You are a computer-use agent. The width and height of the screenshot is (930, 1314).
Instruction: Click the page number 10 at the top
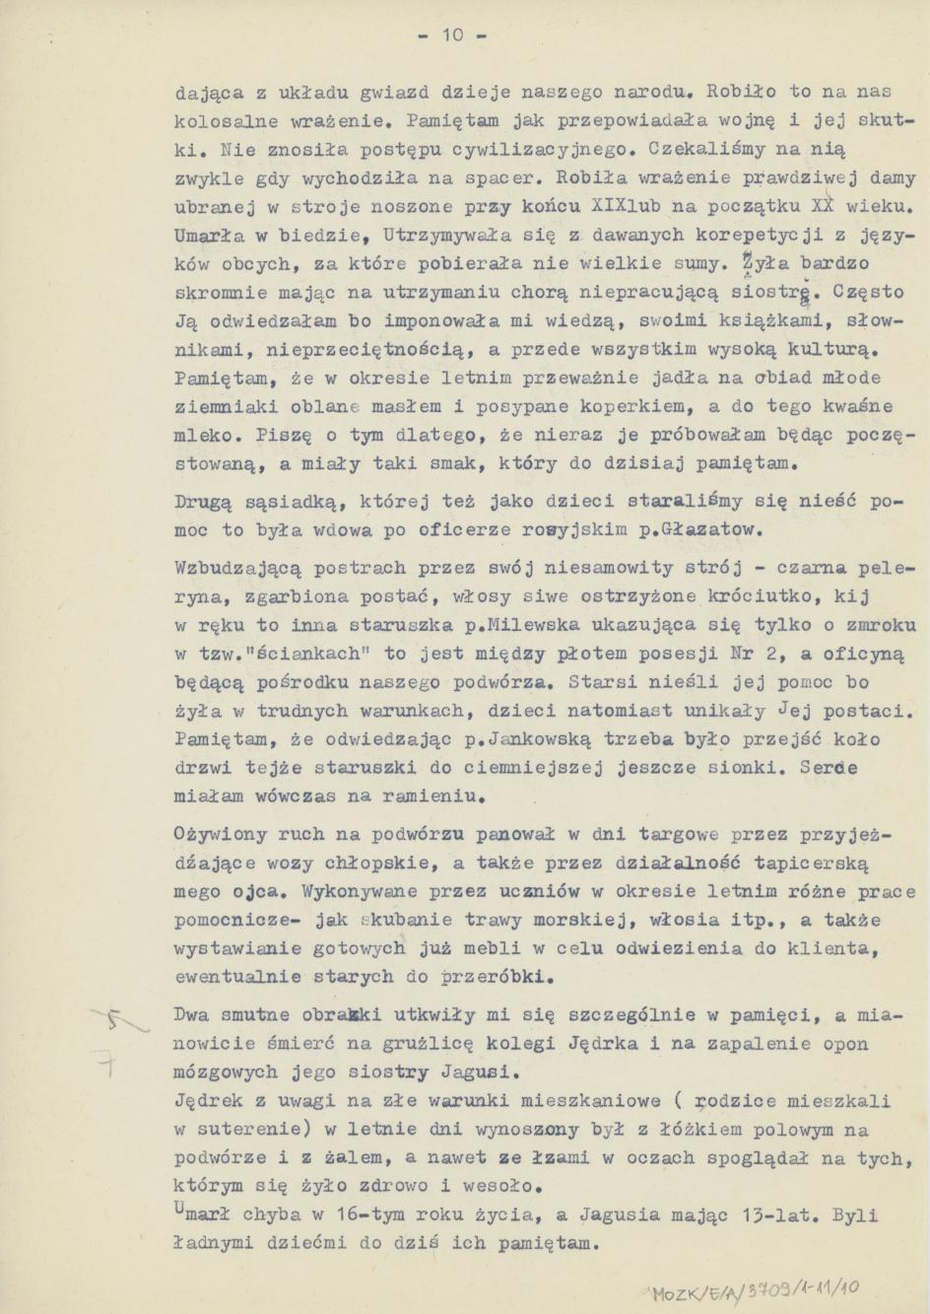[x=452, y=36]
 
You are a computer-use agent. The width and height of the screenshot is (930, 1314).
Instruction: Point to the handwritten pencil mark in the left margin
[x=119, y=1032]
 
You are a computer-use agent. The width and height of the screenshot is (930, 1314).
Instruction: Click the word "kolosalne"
[x=217, y=121]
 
